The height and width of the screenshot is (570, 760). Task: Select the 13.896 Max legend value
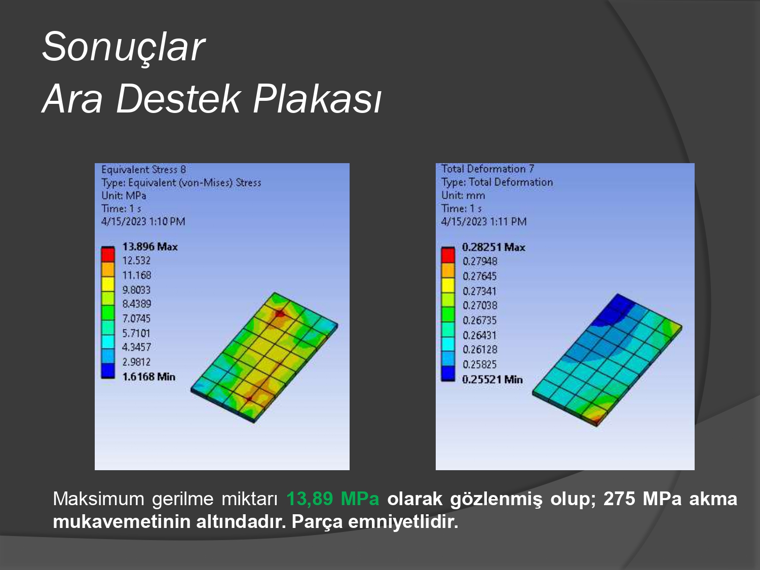click(150, 247)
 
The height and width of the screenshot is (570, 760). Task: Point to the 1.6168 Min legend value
click(149, 376)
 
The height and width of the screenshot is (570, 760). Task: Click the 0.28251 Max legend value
click(493, 247)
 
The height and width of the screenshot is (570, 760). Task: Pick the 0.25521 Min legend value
click(492, 379)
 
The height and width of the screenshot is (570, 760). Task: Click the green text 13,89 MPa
click(333, 499)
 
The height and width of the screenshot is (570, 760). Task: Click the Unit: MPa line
click(124, 196)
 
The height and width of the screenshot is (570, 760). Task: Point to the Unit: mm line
click(463, 195)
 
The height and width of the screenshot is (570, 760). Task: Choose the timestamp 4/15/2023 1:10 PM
click(143, 221)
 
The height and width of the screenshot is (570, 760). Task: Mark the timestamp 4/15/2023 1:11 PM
click(484, 221)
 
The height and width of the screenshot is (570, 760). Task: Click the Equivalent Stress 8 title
click(144, 170)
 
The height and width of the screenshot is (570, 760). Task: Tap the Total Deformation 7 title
click(487, 169)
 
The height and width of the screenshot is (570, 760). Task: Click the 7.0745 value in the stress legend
click(136, 318)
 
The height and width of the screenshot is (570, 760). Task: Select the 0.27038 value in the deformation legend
click(479, 305)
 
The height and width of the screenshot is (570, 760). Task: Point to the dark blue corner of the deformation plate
click(615, 309)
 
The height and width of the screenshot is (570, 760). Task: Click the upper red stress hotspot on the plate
click(279, 314)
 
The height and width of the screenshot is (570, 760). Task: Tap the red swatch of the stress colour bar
click(108, 255)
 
